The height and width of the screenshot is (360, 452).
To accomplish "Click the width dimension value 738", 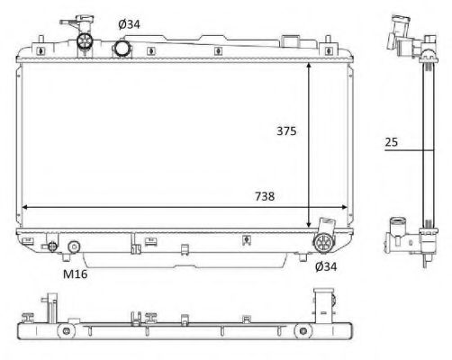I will pyautogui.click(x=264, y=195).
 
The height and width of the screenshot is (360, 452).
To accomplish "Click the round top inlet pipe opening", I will pyautogui.click(x=123, y=46).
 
